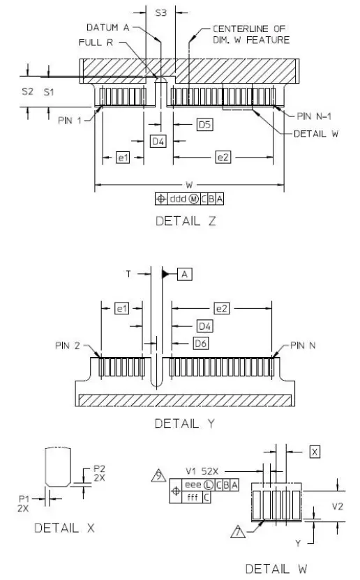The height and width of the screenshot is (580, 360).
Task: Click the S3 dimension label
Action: [160, 13]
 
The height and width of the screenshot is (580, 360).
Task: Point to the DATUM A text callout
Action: [107, 27]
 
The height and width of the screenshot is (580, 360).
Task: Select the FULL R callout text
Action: [96, 43]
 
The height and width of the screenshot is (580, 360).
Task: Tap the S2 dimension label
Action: [27, 91]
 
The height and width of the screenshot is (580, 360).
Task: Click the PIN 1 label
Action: [70, 121]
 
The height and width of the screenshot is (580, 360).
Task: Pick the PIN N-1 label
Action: [314, 116]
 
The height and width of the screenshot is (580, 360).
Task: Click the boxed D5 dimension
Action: [205, 125]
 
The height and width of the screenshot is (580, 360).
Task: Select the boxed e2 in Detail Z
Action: [223, 158]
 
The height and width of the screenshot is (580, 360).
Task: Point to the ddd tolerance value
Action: [178, 199]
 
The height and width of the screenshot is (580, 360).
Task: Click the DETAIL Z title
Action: [186, 221]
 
